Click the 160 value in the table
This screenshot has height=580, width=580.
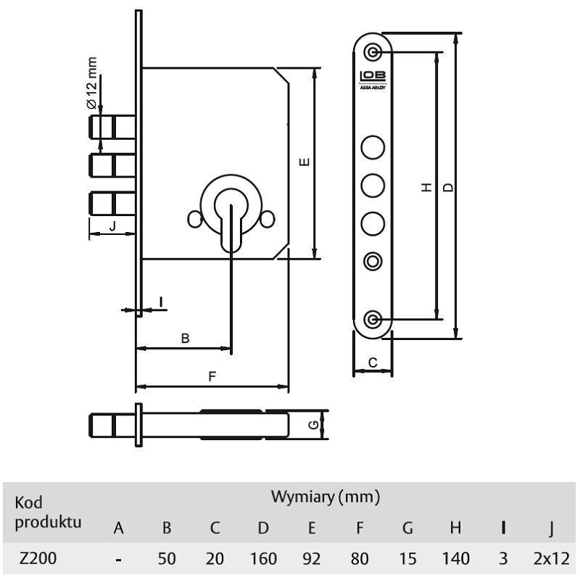263,558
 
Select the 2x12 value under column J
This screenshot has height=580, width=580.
552,558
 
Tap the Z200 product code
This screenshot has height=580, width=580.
38,558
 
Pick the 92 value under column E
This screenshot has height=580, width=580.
312,558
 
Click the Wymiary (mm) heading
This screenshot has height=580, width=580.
326,497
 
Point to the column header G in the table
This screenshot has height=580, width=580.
407,528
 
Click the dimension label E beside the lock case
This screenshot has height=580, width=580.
304,162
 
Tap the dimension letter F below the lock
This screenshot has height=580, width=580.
212,376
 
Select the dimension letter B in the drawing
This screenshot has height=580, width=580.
186,338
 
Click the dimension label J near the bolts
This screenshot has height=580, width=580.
113,226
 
